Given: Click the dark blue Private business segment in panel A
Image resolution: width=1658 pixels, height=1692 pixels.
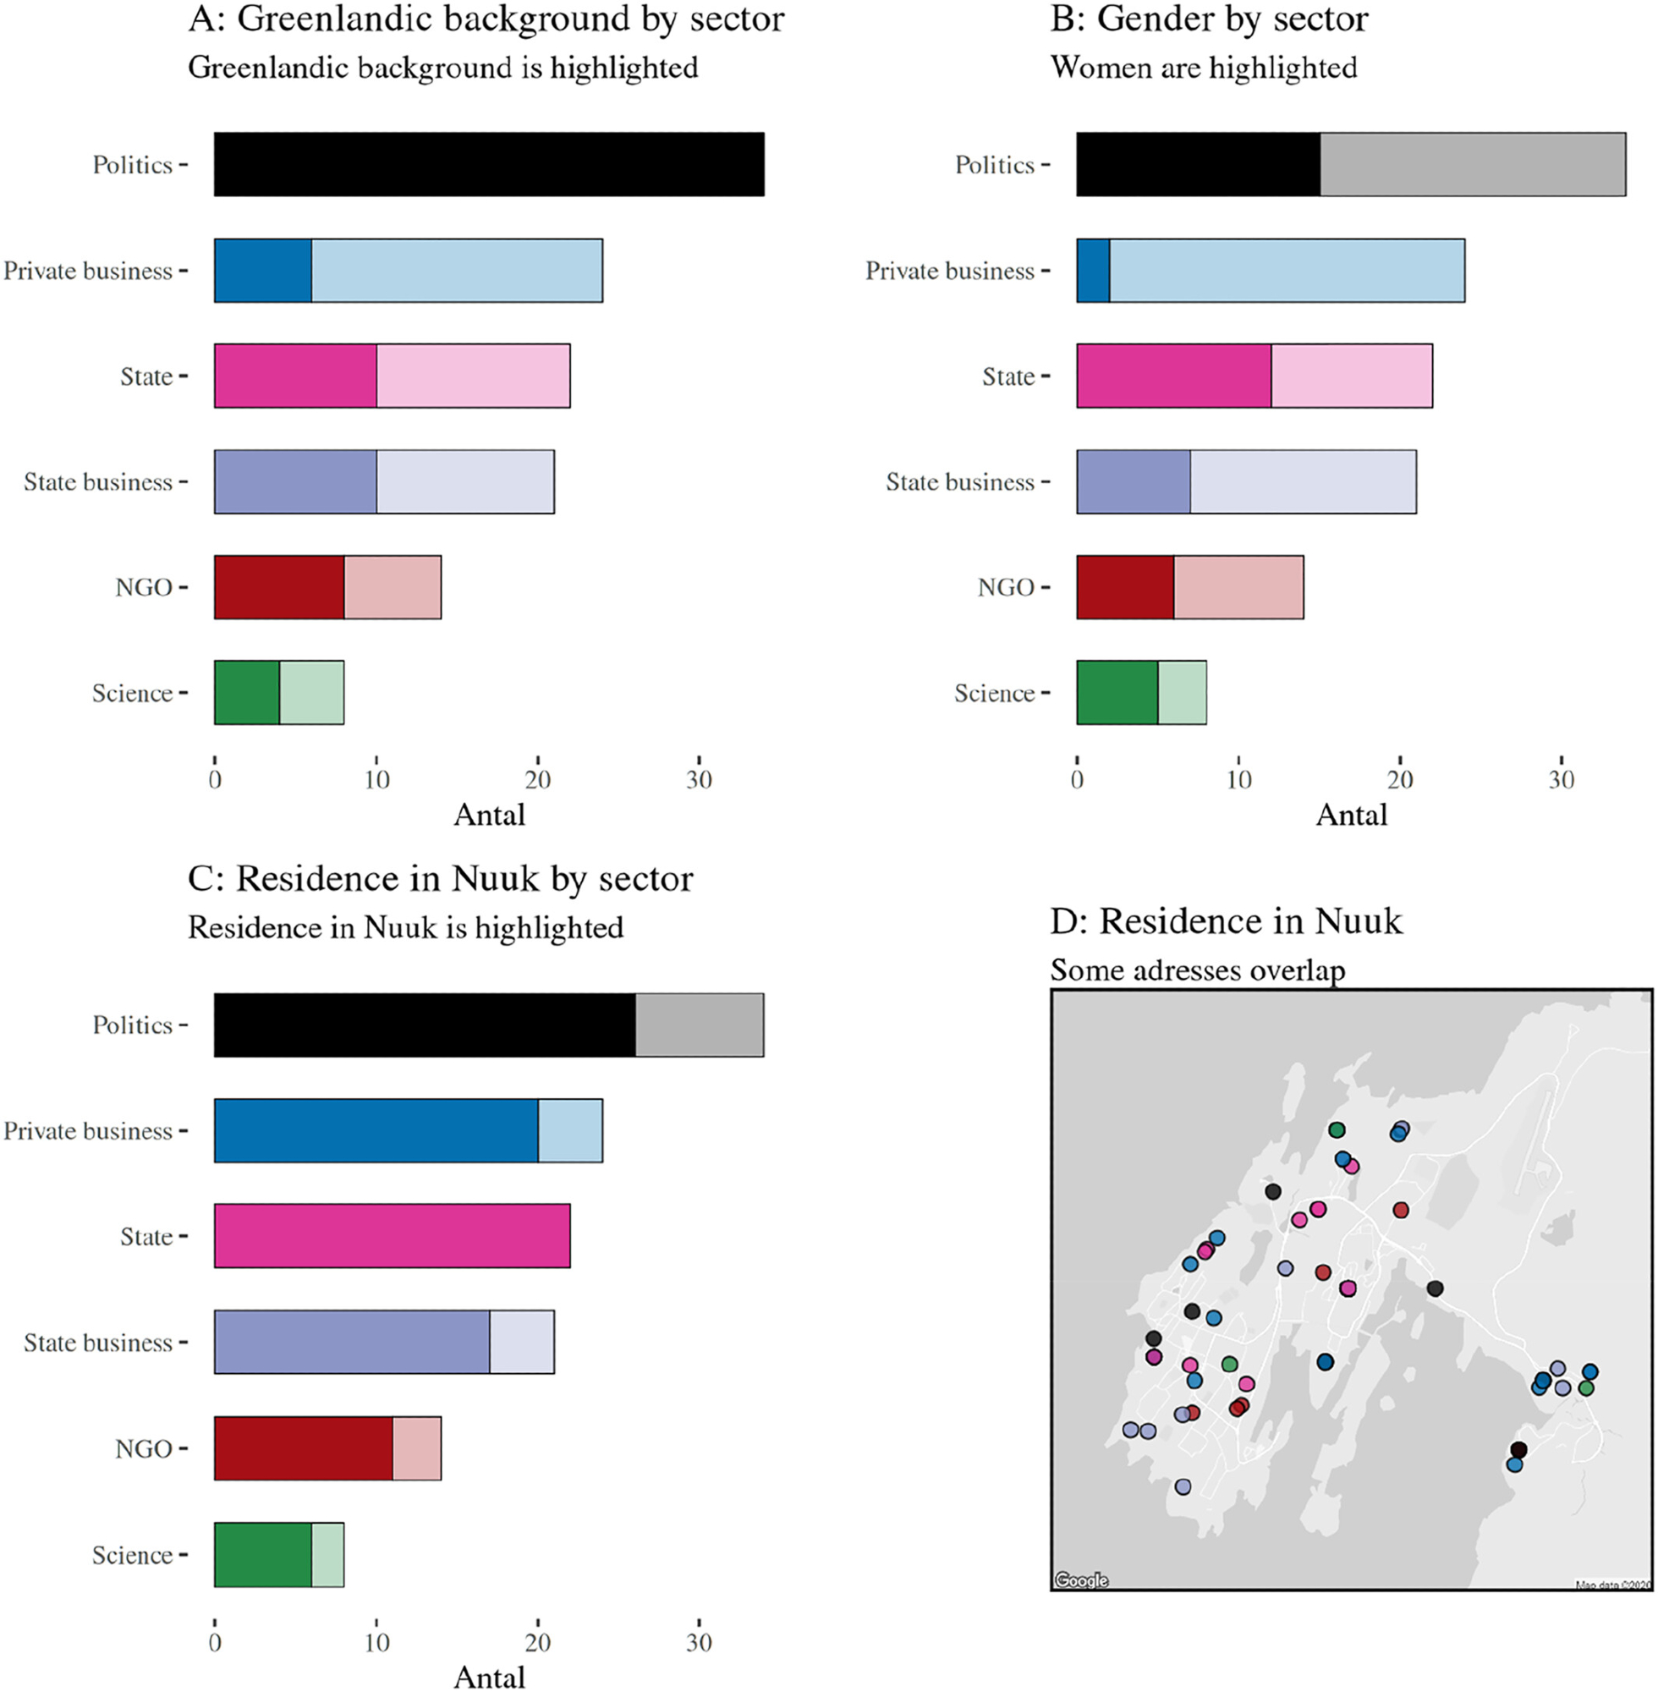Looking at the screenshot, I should coord(263,271).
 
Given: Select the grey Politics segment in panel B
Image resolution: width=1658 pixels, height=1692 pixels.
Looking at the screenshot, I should coord(1473,165).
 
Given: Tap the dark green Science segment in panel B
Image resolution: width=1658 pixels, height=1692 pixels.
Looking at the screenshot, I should coord(1117,693).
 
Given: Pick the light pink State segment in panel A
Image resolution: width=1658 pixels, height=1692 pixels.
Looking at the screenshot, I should coord(473,376).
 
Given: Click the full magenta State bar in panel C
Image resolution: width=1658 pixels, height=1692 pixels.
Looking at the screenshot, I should coord(392,1236).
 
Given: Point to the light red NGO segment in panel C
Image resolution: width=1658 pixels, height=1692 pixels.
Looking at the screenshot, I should coord(416,1448).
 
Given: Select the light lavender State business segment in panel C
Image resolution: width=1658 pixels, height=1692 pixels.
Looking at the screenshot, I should coord(522,1342).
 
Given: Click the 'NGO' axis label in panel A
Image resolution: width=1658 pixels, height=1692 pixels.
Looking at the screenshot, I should coord(144,588).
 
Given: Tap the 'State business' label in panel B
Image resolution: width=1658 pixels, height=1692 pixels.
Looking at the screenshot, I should coord(959,482).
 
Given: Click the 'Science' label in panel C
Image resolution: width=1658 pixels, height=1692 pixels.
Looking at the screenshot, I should coord(132,1555).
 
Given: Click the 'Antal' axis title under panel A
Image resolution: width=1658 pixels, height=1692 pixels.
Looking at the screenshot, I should coord(490,815).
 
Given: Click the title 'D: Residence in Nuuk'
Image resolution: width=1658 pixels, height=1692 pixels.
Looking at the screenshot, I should coord(1226,921).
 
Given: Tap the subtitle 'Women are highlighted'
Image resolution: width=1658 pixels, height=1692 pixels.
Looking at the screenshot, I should coord(1204,68).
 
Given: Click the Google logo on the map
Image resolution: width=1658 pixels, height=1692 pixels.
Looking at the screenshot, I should coord(1082,1579).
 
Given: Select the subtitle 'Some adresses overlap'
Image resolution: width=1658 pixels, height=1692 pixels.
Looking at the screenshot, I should coord(1197,970).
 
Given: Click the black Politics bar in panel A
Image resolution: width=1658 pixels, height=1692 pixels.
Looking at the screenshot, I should coord(489,165).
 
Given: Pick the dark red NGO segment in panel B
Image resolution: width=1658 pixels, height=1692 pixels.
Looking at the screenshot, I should coord(1125,588).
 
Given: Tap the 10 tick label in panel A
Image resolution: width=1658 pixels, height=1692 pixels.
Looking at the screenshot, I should coord(376,779).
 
